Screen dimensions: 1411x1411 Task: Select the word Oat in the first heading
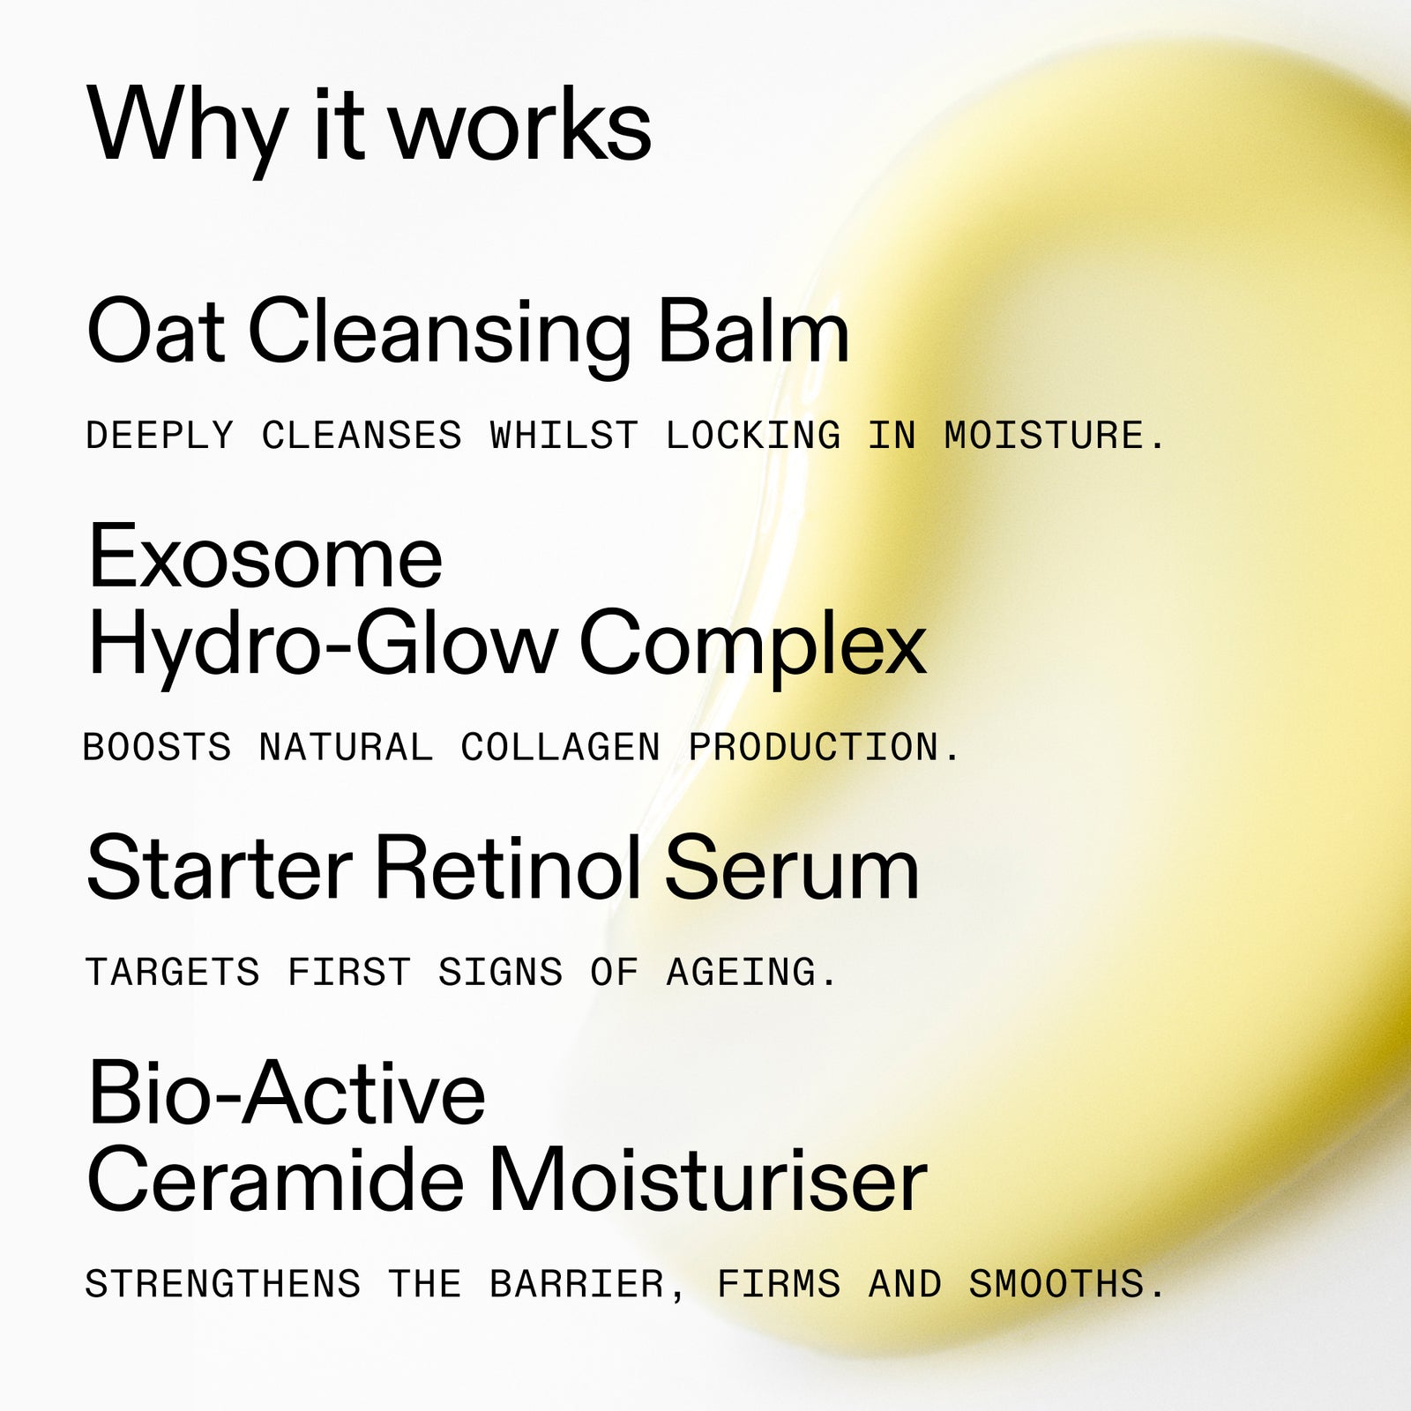[x=155, y=332]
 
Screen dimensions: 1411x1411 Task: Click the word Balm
[x=753, y=332]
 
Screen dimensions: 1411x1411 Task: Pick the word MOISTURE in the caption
[x=1044, y=436]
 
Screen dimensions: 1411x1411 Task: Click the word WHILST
[x=564, y=436]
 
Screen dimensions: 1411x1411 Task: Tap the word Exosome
[x=265, y=557]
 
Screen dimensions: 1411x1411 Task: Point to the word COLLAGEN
[x=560, y=748]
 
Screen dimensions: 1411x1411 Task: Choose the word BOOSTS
[x=157, y=748]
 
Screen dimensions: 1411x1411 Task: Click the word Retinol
[x=508, y=869]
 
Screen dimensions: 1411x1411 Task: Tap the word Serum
[x=791, y=869]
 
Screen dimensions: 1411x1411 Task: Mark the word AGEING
[x=742, y=972]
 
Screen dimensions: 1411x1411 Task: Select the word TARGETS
[x=173, y=972]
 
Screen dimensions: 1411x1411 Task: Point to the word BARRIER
[x=577, y=1284]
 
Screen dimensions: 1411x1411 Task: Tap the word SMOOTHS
[x=1056, y=1284]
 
